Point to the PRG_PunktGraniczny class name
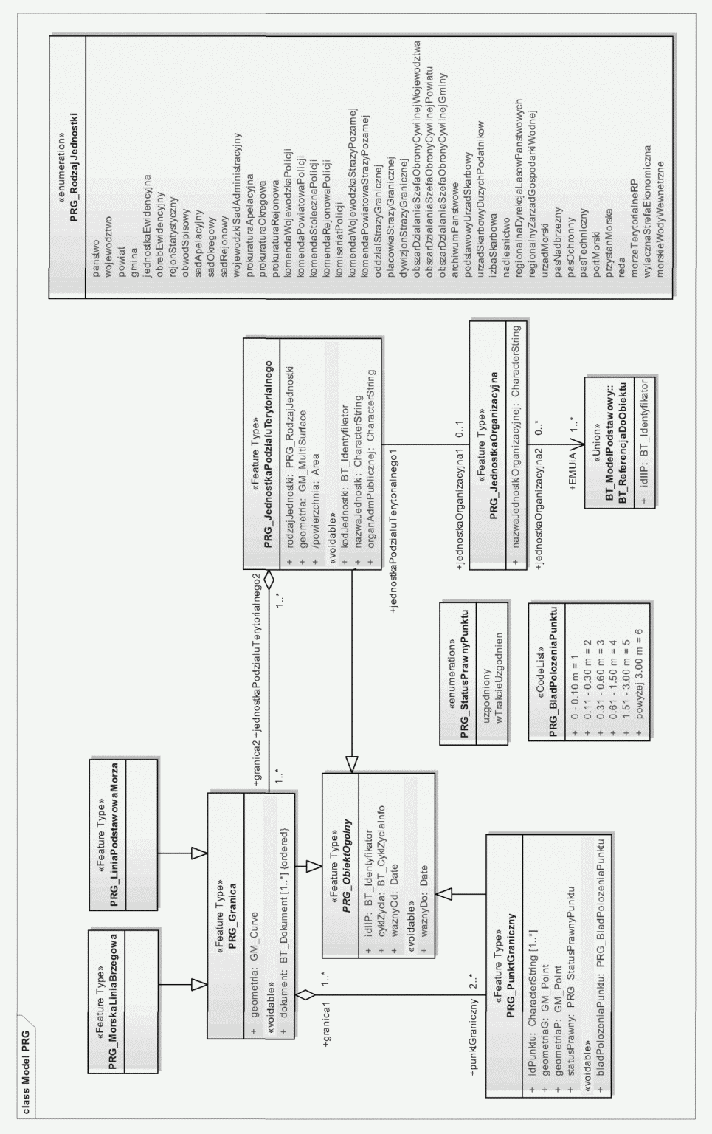[511, 961]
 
